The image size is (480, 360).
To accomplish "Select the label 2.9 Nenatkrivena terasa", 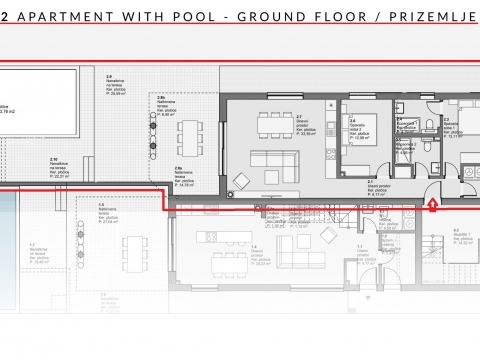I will [119, 86].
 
